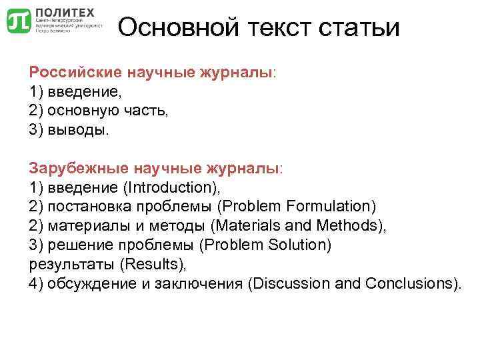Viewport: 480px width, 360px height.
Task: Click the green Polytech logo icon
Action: tap(18, 21)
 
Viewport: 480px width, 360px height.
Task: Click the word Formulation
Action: tap(329, 206)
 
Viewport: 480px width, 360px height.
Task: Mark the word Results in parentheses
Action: tap(153, 264)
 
